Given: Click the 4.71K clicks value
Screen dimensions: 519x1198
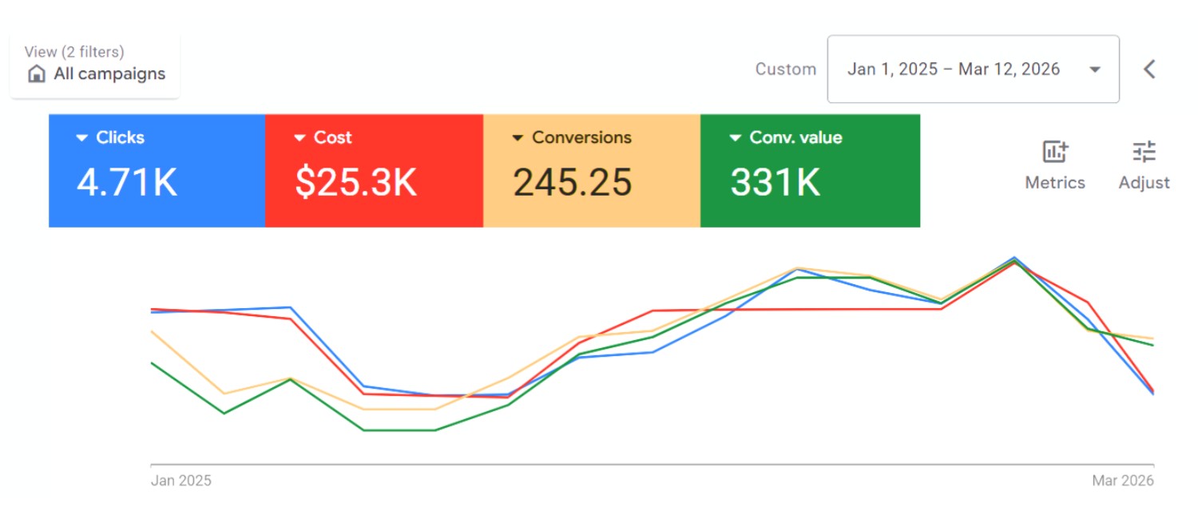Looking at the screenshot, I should tap(126, 182).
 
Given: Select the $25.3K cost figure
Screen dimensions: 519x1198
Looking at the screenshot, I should tap(355, 182).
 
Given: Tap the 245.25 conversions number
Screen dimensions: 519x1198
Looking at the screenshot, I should tap(572, 182).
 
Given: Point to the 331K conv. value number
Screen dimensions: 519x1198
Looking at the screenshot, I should tap(775, 182).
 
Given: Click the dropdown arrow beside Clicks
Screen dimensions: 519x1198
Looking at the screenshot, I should tap(81, 138).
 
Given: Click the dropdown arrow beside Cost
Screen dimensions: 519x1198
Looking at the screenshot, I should tap(299, 138).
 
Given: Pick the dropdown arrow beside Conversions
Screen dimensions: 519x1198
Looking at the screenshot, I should tap(518, 138).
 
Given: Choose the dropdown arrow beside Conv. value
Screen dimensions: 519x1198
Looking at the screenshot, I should tap(736, 138).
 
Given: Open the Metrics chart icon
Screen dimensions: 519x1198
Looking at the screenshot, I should tap(1055, 152).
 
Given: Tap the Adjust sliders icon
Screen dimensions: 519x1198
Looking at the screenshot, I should tap(1144, 152).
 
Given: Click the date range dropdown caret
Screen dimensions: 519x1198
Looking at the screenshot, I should tap(1095, 69).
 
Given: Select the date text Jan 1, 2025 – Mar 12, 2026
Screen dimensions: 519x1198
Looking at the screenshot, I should tap(954, 69).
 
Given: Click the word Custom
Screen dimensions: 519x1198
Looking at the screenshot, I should tap(786, 69).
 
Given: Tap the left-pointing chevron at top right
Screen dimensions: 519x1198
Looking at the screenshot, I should tap(1149, 69).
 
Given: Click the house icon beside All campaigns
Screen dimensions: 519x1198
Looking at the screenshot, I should tap(37, 74).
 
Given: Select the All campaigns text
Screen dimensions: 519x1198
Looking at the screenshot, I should tap(109, 74).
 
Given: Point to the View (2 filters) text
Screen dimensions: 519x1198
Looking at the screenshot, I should tap(74, 52).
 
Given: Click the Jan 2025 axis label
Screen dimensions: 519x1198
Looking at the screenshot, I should tap(181, 481).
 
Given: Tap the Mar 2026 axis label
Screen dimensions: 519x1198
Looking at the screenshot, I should tap(1123, 481).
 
